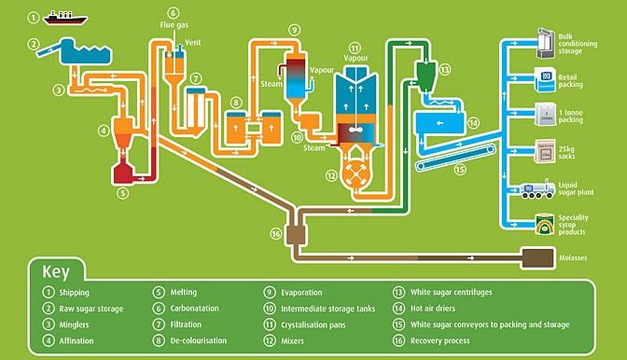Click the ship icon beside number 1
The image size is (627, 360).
(x=64, y=18)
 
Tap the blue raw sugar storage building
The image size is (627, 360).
(x=85, y=51)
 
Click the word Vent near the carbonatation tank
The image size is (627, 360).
(x=193, y=42)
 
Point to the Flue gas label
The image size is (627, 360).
(x=174, y=25)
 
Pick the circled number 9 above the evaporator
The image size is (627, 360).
(x=294, y=30)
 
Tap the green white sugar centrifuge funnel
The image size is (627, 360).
(x=425, y=76)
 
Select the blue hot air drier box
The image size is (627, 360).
(x=440, y=123)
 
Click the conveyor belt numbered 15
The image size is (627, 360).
(x=455, y=158)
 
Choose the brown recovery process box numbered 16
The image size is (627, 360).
(x=296, y=234)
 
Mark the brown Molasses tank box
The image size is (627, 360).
(x=538, y=257)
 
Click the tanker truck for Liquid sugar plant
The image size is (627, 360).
(x=537, y=189)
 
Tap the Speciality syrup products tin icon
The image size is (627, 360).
(x=545, y=224)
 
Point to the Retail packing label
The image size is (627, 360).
(x=571, y=81)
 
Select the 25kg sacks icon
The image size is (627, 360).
(x=545, y=151)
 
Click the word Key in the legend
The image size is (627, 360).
(x=56, y=272)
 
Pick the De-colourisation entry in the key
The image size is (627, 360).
(x=199, y=340)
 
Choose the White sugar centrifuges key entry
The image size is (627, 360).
(x=451, y=292)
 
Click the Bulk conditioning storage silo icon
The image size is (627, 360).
(x=546, y=43)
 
